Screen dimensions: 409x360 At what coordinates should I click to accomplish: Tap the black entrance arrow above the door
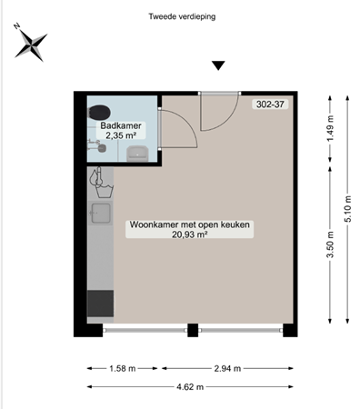pyautogui.click(x=217, y=65)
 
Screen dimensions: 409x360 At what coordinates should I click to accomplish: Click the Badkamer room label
pyautogui.click(x=120, y=126)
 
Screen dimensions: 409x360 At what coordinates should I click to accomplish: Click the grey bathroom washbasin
pyautogui.click(x=138, y=153)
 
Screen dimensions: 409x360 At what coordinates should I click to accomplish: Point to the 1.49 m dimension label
pyautogui.click(x=330, y=134)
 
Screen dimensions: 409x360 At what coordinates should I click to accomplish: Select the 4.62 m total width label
pyautogui.click(x=190, y=386)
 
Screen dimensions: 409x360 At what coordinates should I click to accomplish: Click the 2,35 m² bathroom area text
pyautogui.click(x=120, y=137)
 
